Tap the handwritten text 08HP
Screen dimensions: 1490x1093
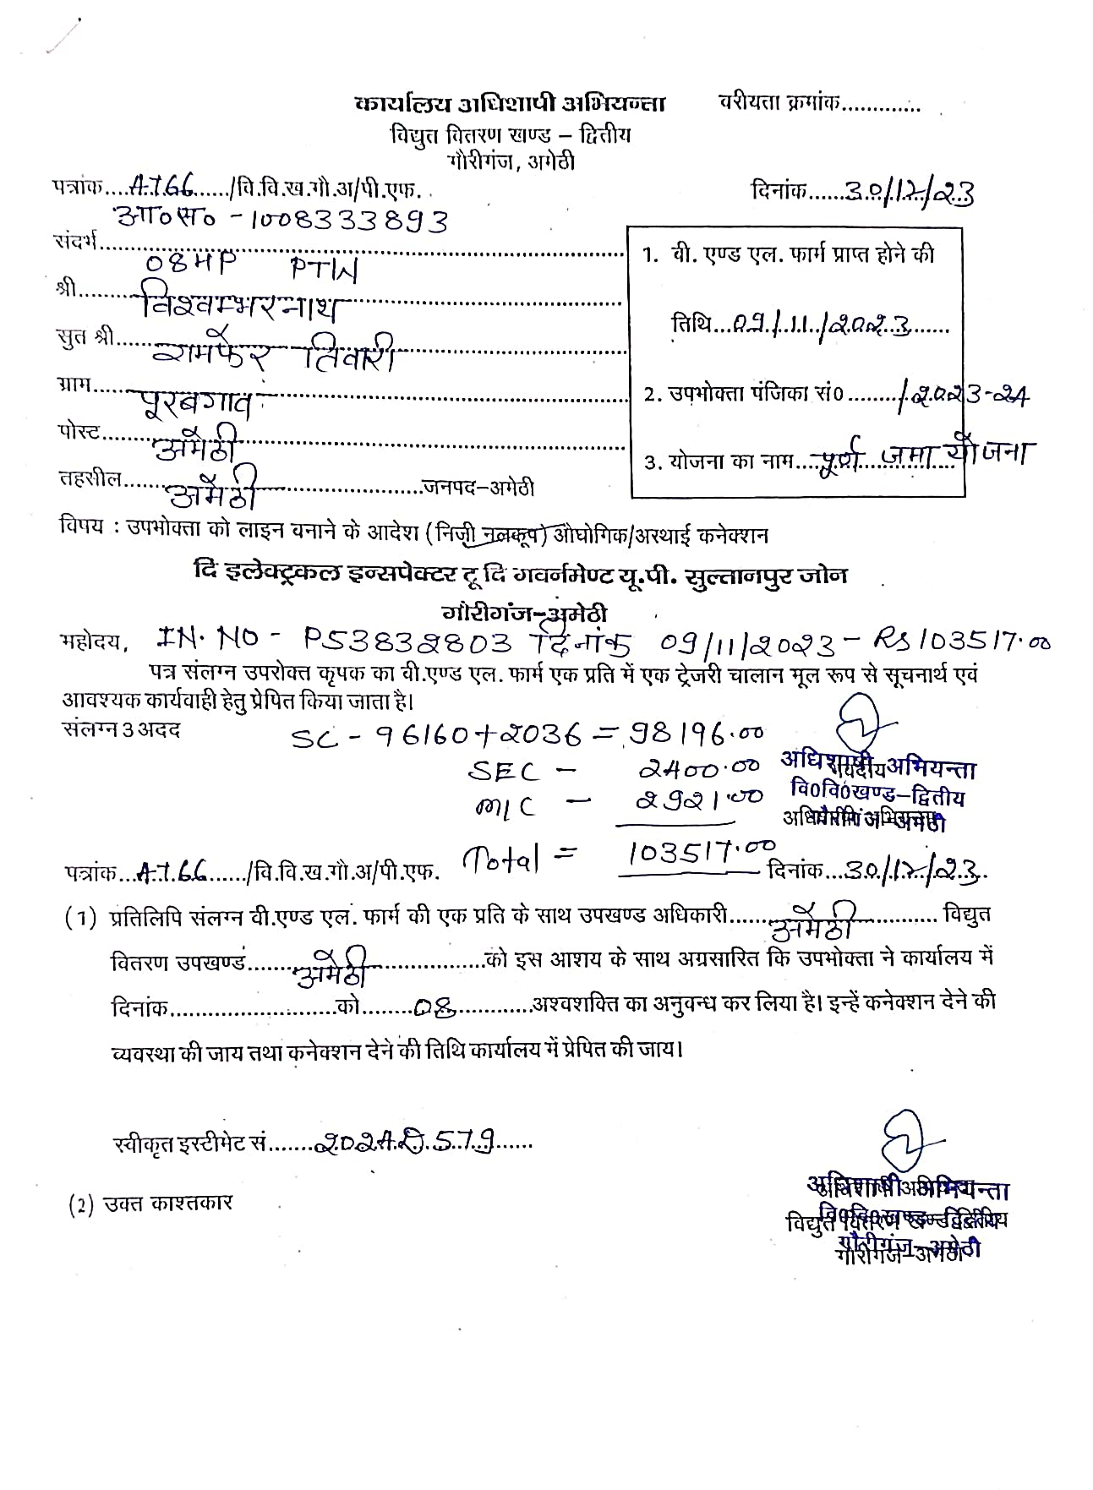pos(182,264)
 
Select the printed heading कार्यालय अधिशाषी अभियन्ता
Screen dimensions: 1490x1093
pos(510,104)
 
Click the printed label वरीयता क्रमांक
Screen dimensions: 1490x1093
pos(779,103)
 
